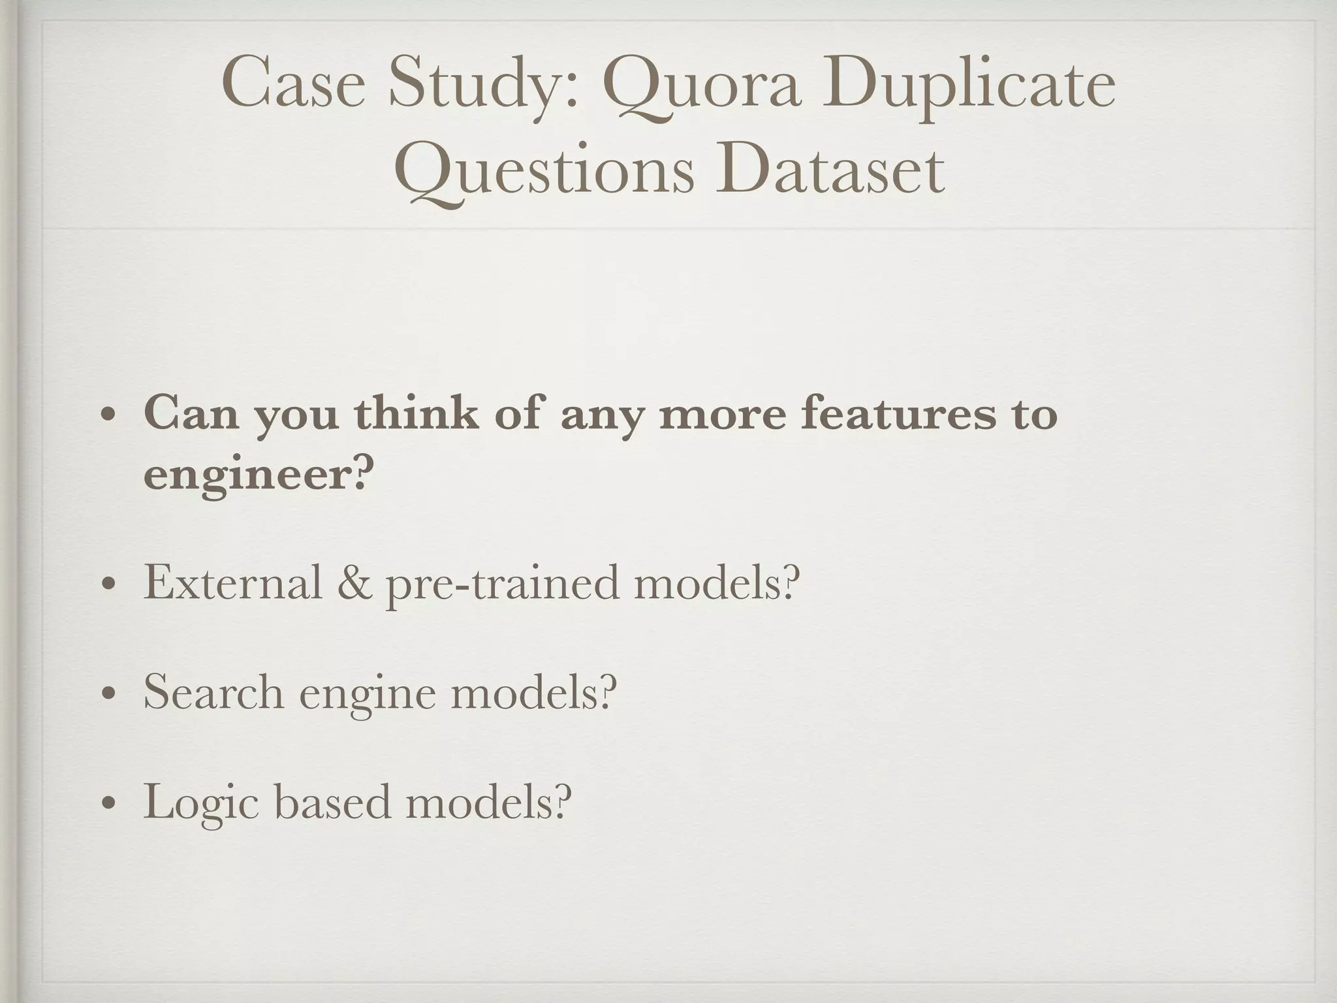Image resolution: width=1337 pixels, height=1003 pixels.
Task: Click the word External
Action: [x=232, y=582]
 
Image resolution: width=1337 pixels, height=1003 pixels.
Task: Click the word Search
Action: [x=213, y=692]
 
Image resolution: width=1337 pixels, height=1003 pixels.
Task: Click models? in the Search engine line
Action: [x=533, y=692]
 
